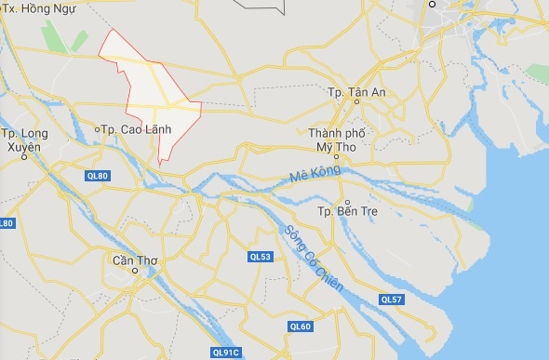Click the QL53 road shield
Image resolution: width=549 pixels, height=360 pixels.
coord(260,257)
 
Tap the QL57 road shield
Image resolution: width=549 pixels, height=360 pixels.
coord(392,299)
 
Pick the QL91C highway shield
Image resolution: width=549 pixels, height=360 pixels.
coord(226,352)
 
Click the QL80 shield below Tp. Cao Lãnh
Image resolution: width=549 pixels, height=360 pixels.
coord(97,176)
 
